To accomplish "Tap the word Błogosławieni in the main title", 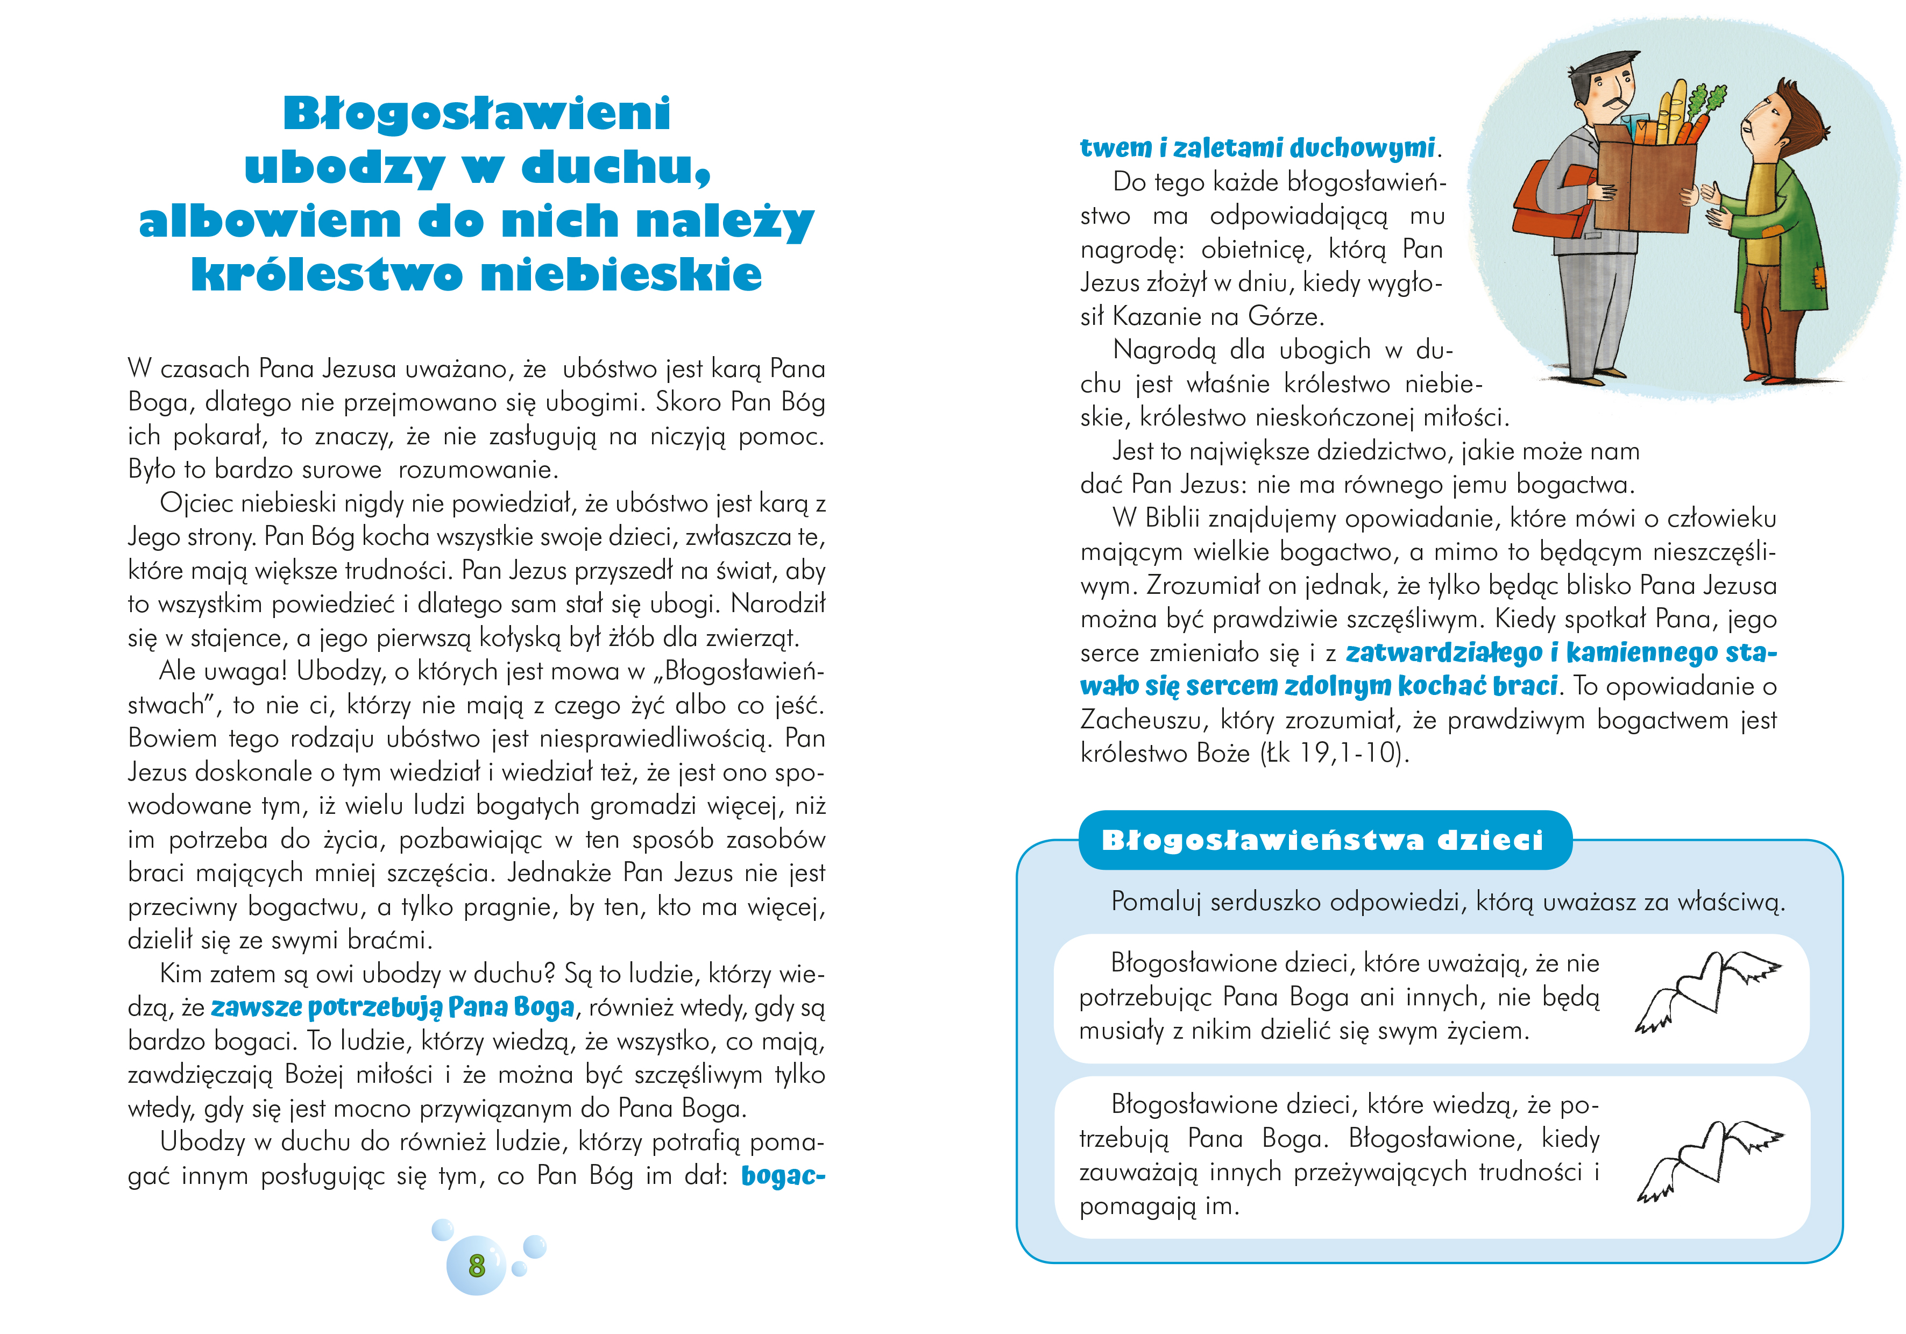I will click(x=477, y=113).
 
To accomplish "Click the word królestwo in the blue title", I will click(x=326, y=275).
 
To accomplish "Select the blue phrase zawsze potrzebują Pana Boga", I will click(x=393, y=1008).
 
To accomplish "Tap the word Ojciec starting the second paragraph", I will click(x=197, y=504).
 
